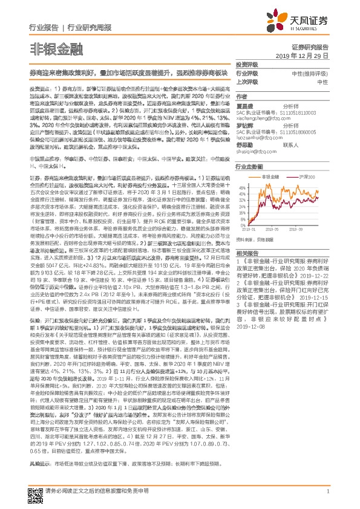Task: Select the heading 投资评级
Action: [x=247, y=65]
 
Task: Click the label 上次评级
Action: [x=247, y=82]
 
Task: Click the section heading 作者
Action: [x=241, y=96]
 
